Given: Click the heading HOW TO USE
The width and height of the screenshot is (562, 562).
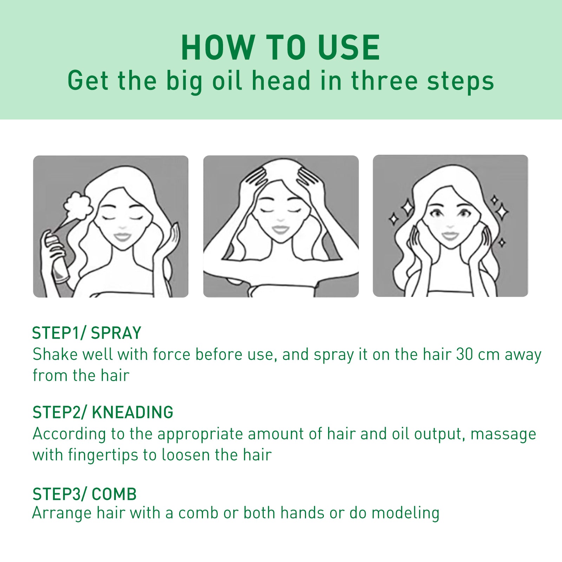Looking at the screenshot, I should (280, 48).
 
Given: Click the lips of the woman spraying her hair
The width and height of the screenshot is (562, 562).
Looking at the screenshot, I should (122, 236).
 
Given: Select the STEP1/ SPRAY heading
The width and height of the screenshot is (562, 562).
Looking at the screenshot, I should (86, 333).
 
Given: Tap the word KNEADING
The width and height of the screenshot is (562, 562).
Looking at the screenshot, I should (132, 412).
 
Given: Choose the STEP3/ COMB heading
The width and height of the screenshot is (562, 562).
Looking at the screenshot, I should (84, 494).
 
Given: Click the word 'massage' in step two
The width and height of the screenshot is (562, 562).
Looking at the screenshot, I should (503, 434).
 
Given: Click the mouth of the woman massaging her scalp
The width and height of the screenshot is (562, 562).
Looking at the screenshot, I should (280, 230).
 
